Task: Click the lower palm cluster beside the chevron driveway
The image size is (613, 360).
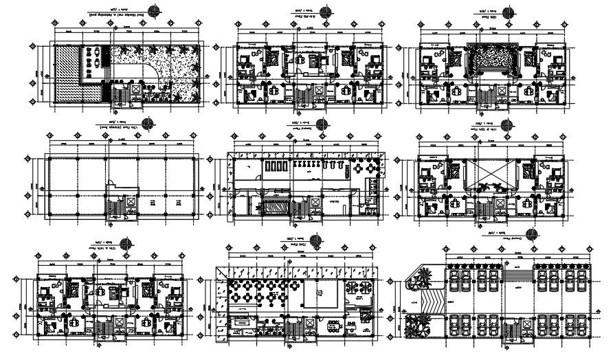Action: pyautogui.click(x=417, y=326)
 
